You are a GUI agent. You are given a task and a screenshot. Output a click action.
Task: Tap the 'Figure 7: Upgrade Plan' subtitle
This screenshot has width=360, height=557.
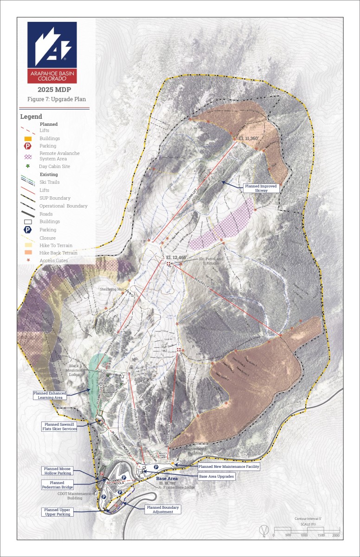[56, 99]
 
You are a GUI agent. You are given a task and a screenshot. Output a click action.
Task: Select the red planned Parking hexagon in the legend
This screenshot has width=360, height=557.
[28, 146]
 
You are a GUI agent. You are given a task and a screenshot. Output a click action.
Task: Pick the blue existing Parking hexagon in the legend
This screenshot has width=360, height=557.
[28, 230]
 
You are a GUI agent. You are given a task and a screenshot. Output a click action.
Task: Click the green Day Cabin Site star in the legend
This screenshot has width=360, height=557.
[28, 166]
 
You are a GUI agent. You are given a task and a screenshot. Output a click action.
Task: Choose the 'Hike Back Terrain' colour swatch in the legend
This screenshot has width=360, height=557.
[28, 253]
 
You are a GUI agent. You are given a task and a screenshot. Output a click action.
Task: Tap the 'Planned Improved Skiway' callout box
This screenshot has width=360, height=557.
[261, 188]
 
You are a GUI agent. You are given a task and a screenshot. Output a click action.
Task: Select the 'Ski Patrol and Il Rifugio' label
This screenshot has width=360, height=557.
[211, 261]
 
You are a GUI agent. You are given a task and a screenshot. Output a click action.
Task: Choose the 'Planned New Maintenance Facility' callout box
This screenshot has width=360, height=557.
[228, 466]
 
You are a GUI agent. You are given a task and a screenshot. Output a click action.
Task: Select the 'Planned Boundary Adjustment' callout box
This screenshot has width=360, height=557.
[162, 509]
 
